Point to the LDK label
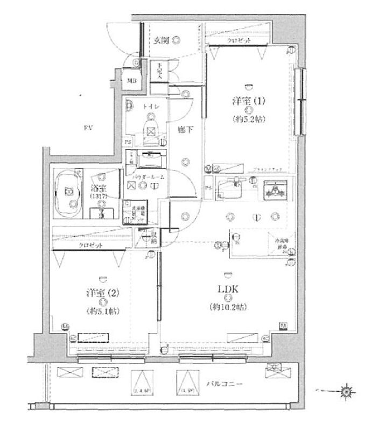point(228,289)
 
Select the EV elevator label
point(87,128)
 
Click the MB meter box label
point(131,81)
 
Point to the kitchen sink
point(233,188)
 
